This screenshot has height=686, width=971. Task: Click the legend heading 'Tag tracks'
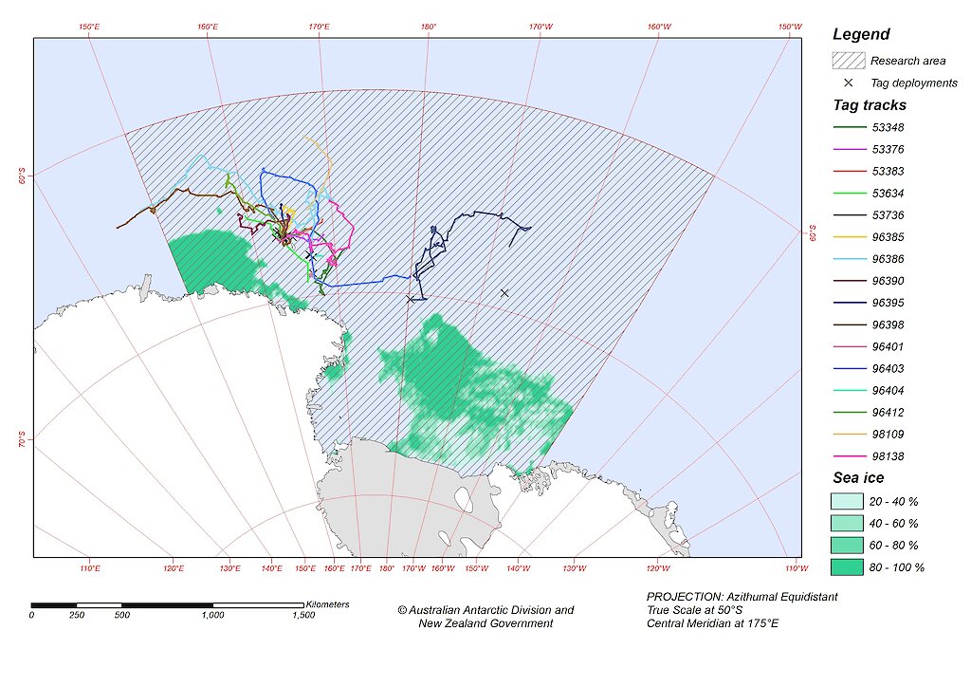click(870, 105)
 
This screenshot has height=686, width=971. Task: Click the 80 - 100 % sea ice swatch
click(849, 567)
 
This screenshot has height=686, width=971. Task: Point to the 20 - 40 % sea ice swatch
click(849, 501)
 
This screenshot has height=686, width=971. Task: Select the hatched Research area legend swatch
click(849, 61)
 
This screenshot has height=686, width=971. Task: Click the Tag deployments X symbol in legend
click(849, 83)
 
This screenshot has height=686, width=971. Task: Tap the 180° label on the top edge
click(428, 28)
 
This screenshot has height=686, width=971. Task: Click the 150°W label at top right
click(790, 28)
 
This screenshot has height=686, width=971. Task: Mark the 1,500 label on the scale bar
click(303, 615)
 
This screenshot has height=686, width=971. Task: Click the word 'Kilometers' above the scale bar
click(327, 604)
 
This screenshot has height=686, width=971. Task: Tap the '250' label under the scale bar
click(77, 615)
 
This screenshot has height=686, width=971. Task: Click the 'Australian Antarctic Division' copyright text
click(485, 610)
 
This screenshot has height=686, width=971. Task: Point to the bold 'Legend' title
click(861, 34)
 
